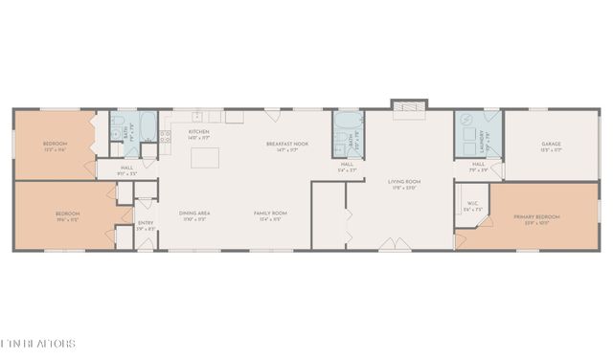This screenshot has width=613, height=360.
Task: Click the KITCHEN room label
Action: pos(198,132)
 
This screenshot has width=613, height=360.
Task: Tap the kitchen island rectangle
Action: pos(203,158)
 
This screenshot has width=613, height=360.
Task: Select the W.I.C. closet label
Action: pos(472,204)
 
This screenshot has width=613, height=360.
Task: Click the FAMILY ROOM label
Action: pos(271,214)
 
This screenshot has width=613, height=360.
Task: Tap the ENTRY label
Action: pos(145,226)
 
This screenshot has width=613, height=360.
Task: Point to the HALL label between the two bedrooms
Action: pos(127,169)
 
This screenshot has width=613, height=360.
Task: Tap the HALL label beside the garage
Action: pos(478,165)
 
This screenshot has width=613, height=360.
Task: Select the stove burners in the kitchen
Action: pos(167,133)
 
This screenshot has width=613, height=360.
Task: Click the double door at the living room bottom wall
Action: pos(390,245)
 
